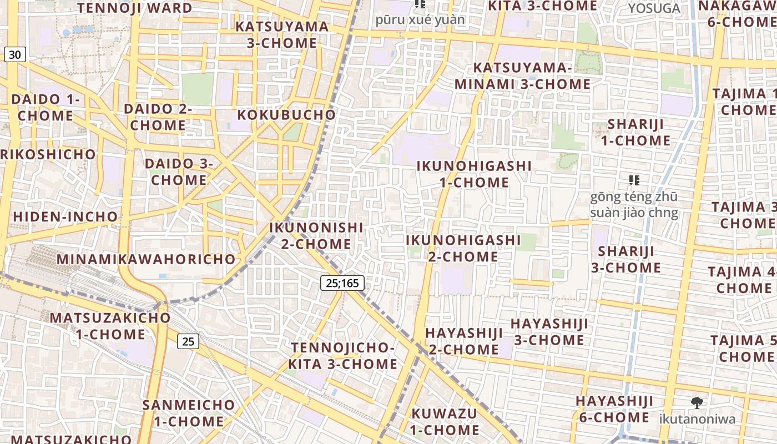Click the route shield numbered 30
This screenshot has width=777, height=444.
(15, 54)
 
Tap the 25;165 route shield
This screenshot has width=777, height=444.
(342, 283)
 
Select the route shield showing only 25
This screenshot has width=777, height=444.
(188, 341)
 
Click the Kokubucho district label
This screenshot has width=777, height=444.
(286, 115)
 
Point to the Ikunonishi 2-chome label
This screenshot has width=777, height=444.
(316, 236)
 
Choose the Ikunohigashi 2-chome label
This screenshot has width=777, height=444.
(463, 248)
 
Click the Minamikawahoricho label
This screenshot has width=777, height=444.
(147, 259)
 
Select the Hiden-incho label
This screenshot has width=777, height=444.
(65, 216)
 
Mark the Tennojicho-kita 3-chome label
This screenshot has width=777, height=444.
(342, 356)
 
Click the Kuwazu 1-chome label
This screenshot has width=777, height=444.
(445, 422)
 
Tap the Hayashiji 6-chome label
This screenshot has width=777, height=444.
(614, 409)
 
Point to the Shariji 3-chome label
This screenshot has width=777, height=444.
(629, 259)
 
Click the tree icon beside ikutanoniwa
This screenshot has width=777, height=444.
(697, 403)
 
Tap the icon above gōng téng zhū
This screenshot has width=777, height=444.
(634, 180)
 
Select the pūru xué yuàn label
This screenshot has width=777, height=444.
(420, 20)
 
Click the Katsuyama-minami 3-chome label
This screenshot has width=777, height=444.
(522, 76)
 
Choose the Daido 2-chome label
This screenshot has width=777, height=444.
(158, 117)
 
